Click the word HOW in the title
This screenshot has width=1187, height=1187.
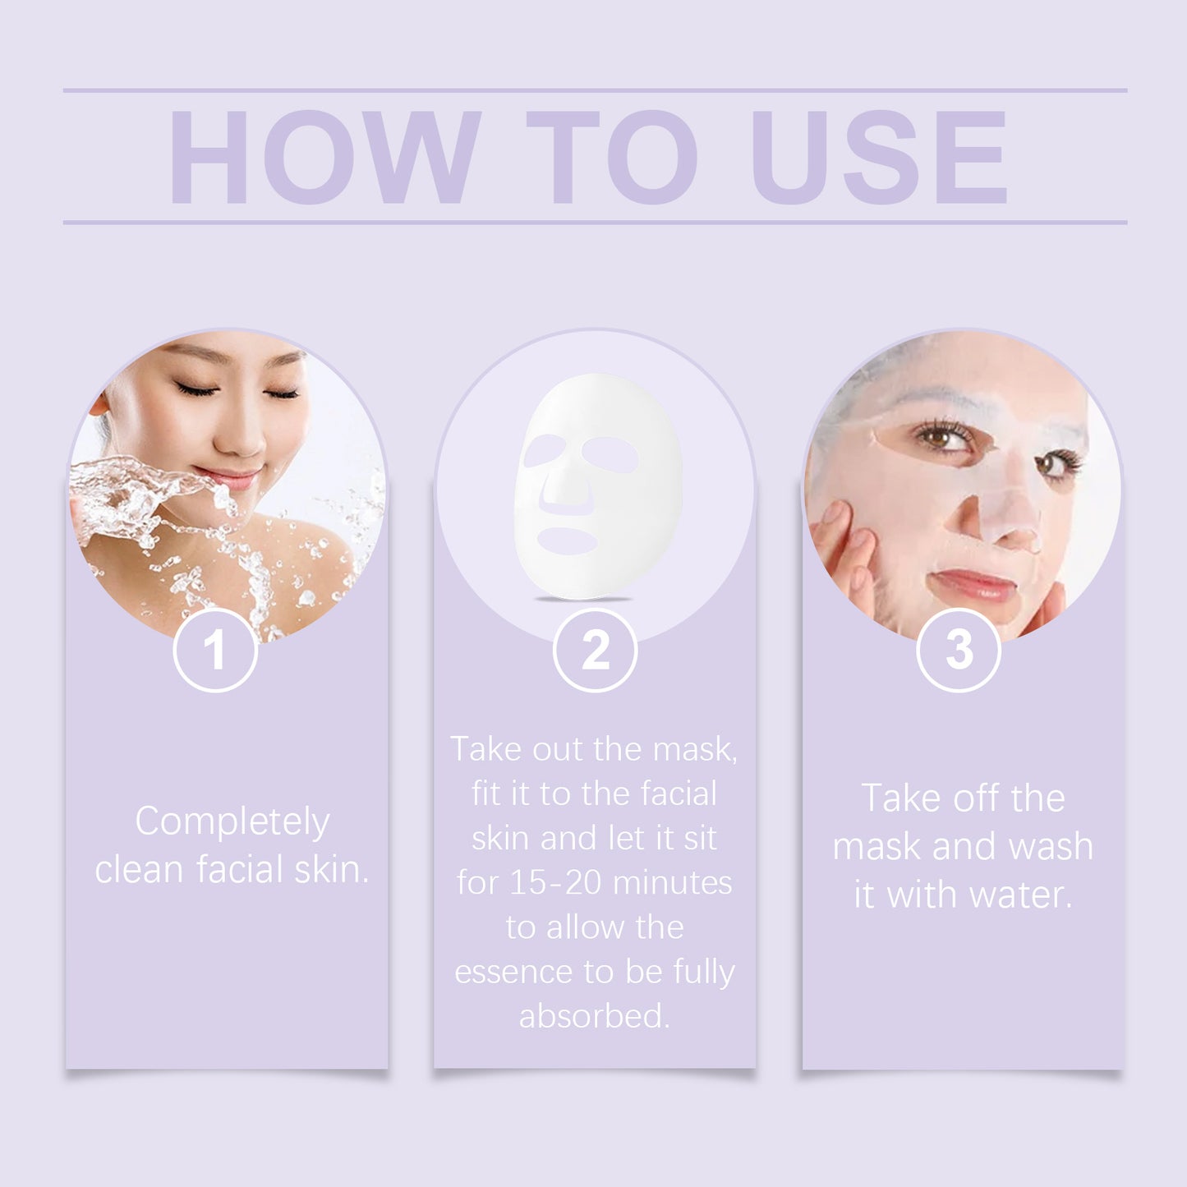pyautogui.click(x=324, y=157)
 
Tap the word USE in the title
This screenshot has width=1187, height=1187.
pyautogui.click(x=879, y=157)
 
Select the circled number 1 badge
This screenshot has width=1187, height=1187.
pyautogui.click(x=215, y=651)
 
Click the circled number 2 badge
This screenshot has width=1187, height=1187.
pyautogui.click(x=595, y=651)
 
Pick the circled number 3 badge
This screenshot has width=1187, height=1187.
pyautogui.click(x=959, y=651)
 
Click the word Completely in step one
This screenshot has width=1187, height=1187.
pyautogui.click(x=232, y=822)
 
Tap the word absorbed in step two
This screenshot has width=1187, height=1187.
pyautogui.click(x=594, y=1016)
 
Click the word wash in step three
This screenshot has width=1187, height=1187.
pyautogui.click(x=1051, y=847)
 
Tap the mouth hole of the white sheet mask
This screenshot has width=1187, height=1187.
pyautogui.click(x=568, y=540)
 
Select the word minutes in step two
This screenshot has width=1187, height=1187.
pyautogui.click(x=673, y=883)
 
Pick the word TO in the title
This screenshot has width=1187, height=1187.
pyautogui.click(x=612, y=157)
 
